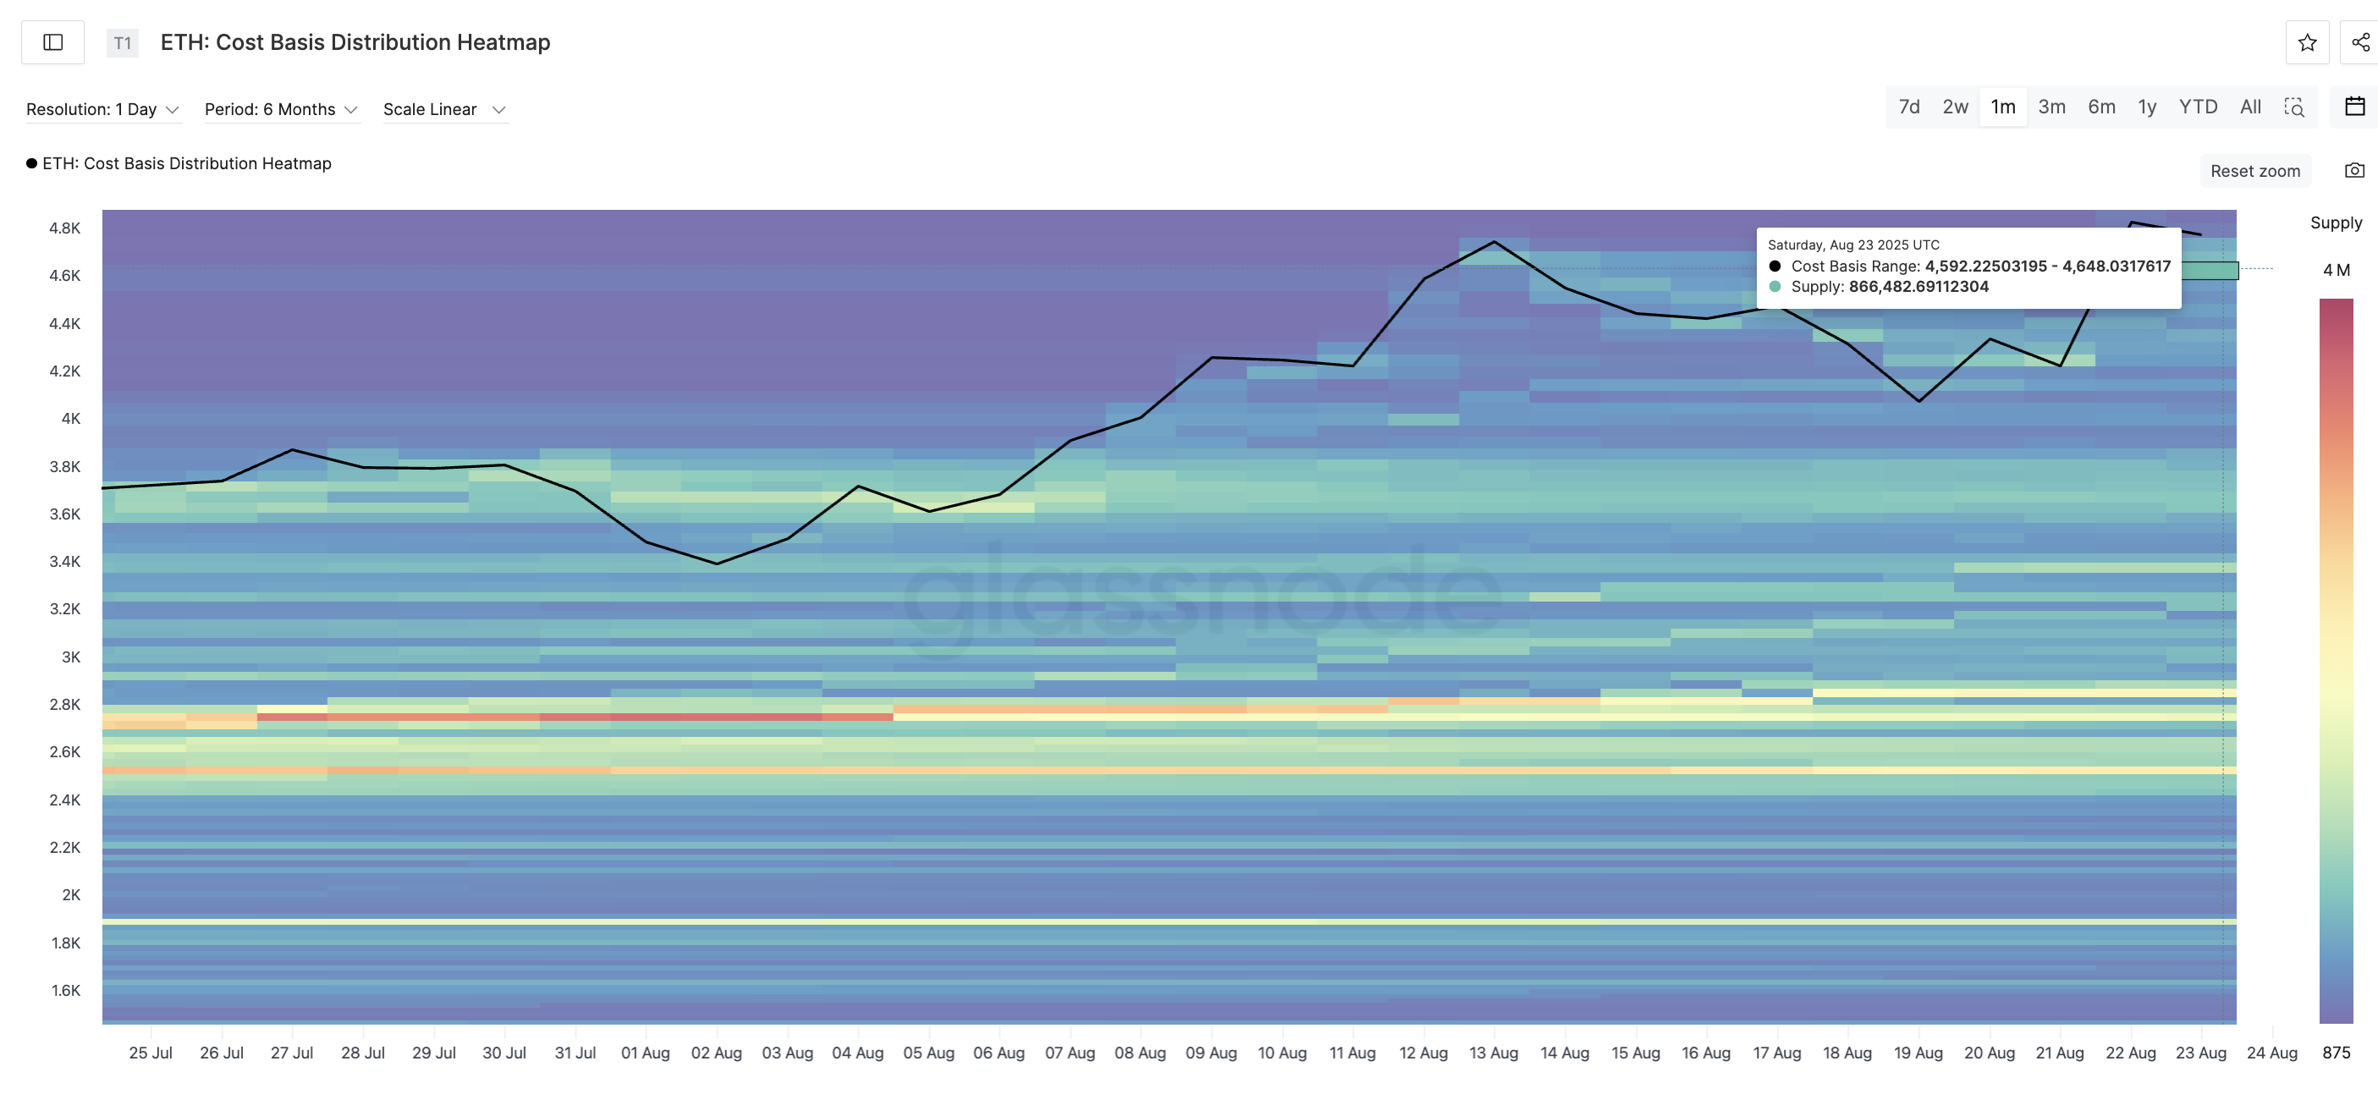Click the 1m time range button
[x=2002, y=107]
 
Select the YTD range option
[x=2197, y=107]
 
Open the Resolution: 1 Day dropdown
[x=102, y=110]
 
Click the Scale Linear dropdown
[x=444, y=110]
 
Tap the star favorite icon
[x=2306, y=42]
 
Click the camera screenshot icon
[x=2354, y=171]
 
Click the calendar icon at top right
[x=2354, y=107]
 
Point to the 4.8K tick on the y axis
[x=64, y=228]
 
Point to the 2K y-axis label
[x=71, y=894]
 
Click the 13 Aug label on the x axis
[x=1493, y=1053]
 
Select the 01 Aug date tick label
[x=645, y=1053]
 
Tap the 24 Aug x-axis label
[x=2271, y=1053]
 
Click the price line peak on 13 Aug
[x=1494, y=242]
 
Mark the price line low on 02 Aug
[x=718, y=563]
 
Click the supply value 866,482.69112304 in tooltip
[x=1918, y=287]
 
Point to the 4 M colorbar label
[x=2336, y=271]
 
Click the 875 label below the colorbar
[x=2336, y=1053]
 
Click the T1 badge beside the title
[x=122, y=43]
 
